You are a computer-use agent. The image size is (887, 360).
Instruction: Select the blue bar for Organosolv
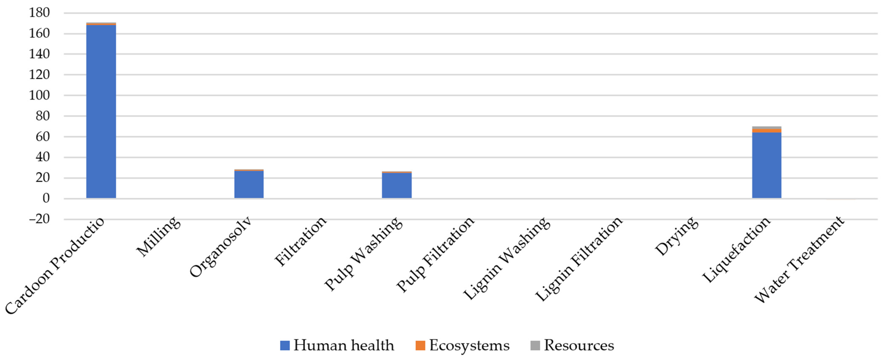pyautogui.click(x=249, y=184)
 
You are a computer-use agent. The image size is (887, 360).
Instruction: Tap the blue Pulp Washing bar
pyautogui.click(x=397, y=185)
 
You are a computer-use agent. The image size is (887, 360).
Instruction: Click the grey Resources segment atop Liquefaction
pyautogui.click(x=766, y=128)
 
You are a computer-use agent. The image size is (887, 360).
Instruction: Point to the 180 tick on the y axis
pyautogui.click(x=39, y=13)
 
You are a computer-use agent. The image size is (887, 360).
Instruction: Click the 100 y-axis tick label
pyautogui.click(x=39, y=95)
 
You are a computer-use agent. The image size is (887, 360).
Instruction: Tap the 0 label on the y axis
pyautogui.click(x=46, y=198)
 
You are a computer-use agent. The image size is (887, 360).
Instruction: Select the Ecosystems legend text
pyautogui.click(x=469, y=345)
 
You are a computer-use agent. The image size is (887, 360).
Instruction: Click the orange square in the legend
pyautogui.click(x=420, y=345)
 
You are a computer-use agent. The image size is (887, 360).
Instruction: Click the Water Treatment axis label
pyautogui.click(x=799, y=260)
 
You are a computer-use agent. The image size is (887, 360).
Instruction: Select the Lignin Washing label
pyautogui.click(x=506, y=258)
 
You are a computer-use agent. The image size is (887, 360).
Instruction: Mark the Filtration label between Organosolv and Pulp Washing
pyautogui.click(x=300, y=241)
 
